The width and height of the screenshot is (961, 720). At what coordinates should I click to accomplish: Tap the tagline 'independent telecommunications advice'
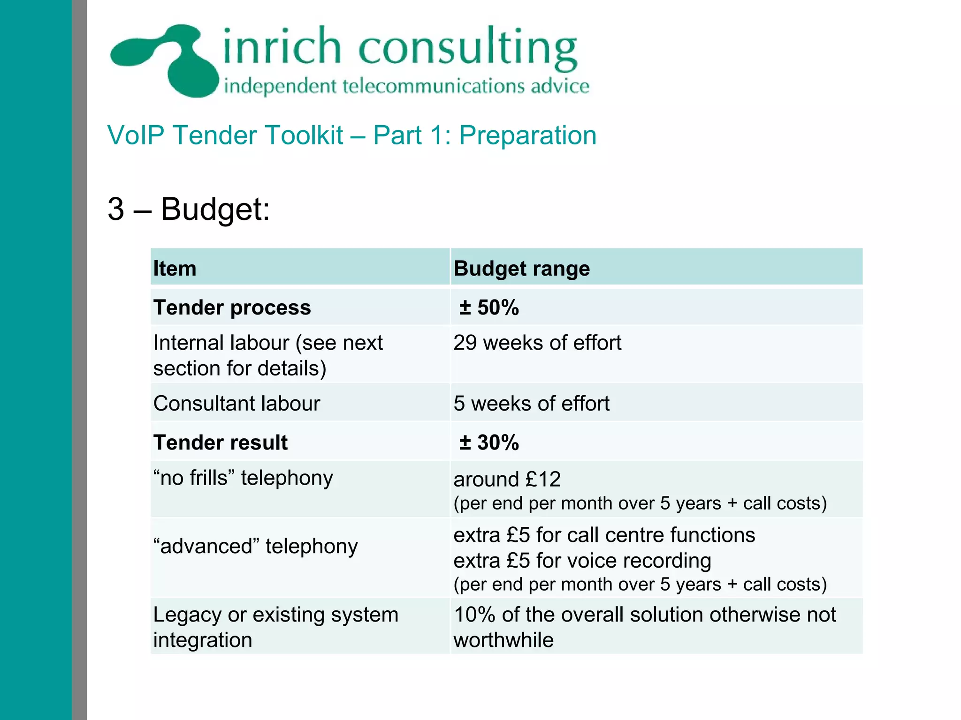[406, 87]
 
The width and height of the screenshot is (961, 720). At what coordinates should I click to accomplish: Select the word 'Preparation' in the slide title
[527, 135]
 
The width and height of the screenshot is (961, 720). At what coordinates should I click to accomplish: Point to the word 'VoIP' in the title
[136, 135]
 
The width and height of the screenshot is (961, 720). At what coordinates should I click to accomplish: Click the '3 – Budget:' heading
[189, 209]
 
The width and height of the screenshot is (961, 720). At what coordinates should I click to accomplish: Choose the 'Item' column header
[175, 269]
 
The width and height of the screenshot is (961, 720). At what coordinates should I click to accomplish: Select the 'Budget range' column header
[521, 269]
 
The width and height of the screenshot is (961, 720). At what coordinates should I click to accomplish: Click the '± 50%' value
[489, 307]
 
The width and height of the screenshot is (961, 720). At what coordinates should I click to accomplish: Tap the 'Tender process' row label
[232, 307]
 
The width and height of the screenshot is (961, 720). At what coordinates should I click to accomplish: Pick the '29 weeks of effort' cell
[537, 343]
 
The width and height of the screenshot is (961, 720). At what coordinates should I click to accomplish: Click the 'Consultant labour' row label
[236, 403]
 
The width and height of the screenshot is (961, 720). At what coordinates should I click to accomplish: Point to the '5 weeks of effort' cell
[531, 403]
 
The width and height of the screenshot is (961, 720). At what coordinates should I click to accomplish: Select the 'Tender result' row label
[221, 442]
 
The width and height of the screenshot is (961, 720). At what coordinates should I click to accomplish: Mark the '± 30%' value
[489, 442]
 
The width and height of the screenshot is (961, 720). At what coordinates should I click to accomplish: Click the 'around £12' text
[507, 479]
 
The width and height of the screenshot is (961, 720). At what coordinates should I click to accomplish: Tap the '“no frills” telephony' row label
[243, 478]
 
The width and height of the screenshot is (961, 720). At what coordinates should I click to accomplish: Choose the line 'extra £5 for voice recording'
[582, 561]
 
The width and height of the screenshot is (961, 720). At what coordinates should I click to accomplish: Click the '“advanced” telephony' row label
[255, 546]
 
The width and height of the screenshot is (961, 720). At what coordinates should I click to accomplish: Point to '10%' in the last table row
[474, 615]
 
